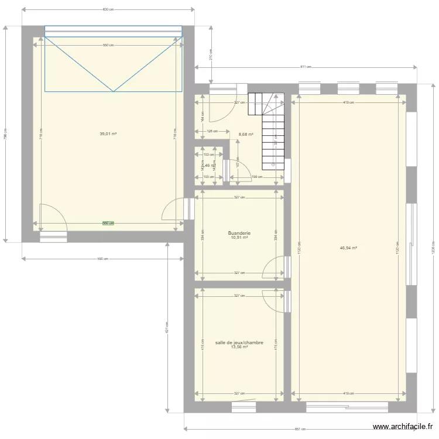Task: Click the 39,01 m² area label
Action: tap(108, 133)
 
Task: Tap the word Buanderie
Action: tap(239, 232)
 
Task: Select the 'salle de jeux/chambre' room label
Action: tap(239, 342)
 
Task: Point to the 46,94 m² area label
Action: tap(348, 248)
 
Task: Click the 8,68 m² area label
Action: tap(246, 134)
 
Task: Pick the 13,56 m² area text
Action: tap(239, 347)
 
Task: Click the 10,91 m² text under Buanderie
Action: tap(239, 238)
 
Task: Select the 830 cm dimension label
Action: tap(108, 9)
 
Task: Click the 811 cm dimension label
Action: tap(305, 67)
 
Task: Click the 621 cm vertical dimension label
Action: tap(167, 328)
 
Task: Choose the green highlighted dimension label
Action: tap(108, 223)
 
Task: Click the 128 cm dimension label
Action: tap(212, 131)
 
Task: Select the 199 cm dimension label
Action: tap(255, 177)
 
